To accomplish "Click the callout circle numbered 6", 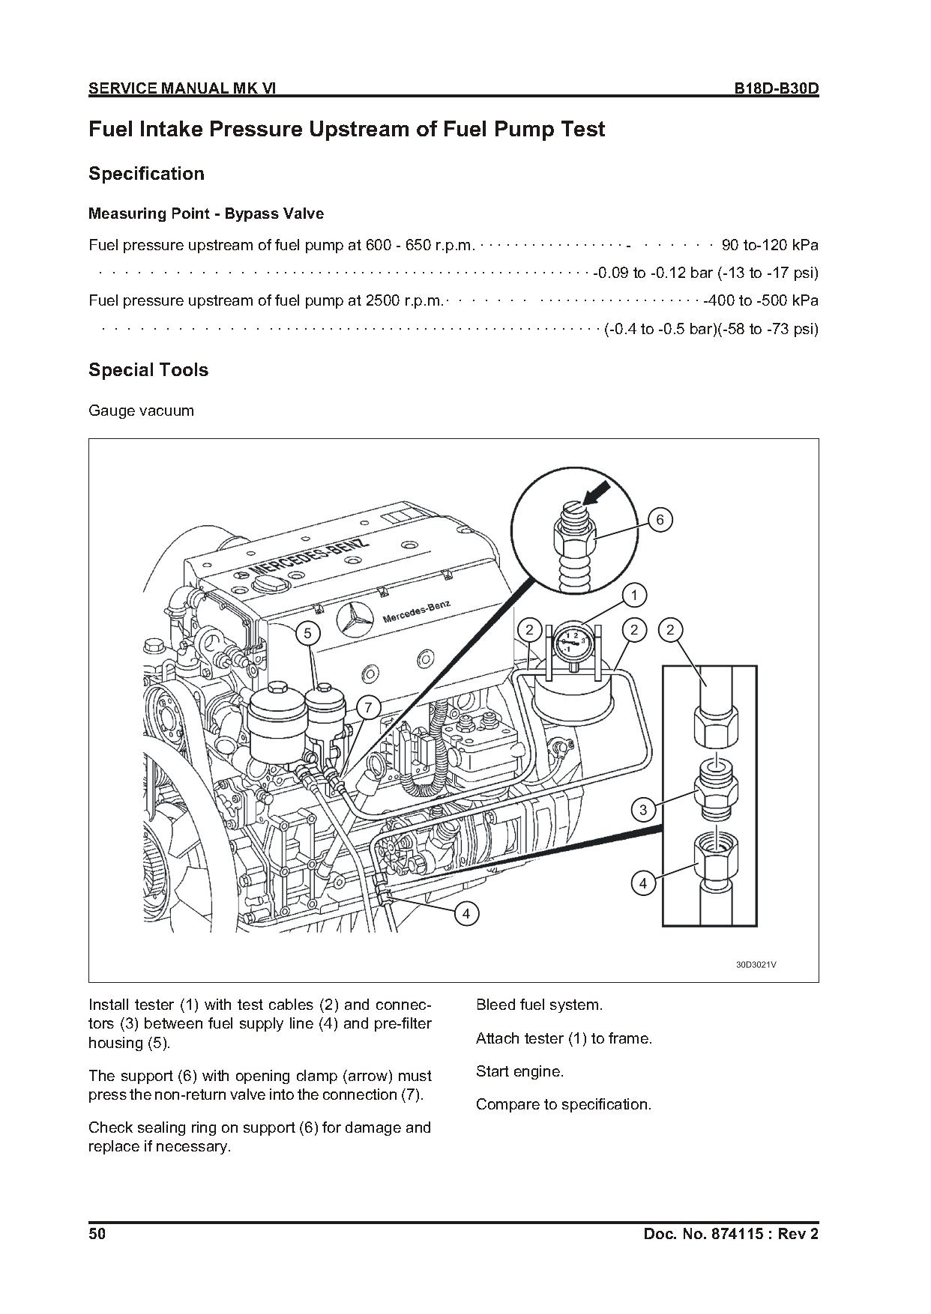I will point(660,520).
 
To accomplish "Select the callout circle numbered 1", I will point(634,596).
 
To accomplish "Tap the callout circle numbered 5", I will point(307,633).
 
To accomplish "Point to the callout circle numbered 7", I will point(368,707).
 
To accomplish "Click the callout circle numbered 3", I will point(643,809).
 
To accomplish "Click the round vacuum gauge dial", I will point(570,641).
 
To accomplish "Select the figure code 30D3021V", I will point(756,964).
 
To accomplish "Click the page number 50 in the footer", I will point(97,1233).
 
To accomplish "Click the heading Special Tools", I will point(148,370).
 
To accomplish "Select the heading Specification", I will point(146,174).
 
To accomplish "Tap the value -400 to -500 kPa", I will point(761,300).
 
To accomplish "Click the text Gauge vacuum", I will point(141,411).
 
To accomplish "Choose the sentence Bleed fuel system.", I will point(539,1005).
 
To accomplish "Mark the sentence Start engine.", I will point(519,1071).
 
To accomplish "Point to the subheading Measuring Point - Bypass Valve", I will point(206,214).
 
